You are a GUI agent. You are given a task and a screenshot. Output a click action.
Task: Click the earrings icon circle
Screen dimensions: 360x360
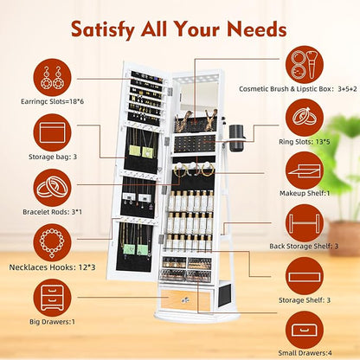pyautogui.click(x=52, y=77)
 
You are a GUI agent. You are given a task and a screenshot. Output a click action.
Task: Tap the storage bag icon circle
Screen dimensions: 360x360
pyautogui.click(x=52, y=132)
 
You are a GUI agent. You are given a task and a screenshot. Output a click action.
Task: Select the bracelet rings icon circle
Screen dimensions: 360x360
pyautogui.click(x=52, y=188)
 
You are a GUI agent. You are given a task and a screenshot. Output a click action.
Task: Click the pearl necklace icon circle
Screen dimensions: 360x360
pyautogui.click(x=52, y=243)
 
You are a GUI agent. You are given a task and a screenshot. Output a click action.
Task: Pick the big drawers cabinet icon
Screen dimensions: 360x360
pyautogui.click(x=52, y=298)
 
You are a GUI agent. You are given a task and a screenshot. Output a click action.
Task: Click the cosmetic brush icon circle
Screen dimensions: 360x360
pyautogui.click(x=305, y=65)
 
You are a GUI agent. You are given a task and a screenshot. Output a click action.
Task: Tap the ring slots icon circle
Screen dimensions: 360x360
pyautogui.click(x=305, y=118)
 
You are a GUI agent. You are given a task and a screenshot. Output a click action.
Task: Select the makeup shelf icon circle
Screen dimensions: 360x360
pyautogui.click(x=305, y=170)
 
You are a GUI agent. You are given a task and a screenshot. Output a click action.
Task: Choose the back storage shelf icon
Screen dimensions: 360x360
pyautogui.click(x=305, y=223)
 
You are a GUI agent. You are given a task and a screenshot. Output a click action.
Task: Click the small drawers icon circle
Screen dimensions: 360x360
pyautogui.click(x=305, y=330)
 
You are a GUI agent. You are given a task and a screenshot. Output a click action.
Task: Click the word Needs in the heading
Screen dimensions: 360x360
pyautogui.click(x=257, y=29)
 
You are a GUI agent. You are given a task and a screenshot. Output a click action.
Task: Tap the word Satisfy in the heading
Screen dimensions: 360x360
pyautogui.click(x=103, y=30)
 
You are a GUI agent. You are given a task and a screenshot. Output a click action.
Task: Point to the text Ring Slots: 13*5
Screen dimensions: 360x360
pyautogui.click(x=305, y=142)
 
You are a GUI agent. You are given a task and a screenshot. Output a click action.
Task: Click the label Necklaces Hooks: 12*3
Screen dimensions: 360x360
pyautogui.click(x=52, y=267)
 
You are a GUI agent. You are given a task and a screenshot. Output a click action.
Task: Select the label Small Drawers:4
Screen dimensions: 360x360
pyautogui.click(x=305, y=353)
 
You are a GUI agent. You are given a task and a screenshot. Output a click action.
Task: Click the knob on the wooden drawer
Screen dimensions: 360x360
pyautogui.click(x=184, y=300)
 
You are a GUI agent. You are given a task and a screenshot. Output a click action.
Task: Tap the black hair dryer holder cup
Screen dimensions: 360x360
pyautogui.click(x=237, y=138)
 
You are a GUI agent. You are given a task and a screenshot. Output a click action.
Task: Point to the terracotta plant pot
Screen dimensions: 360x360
pyautogui.click(x=344, y=238)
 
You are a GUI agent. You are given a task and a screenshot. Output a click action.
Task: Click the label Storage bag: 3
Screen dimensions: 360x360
pyautogui.click(x=53, y=157)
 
